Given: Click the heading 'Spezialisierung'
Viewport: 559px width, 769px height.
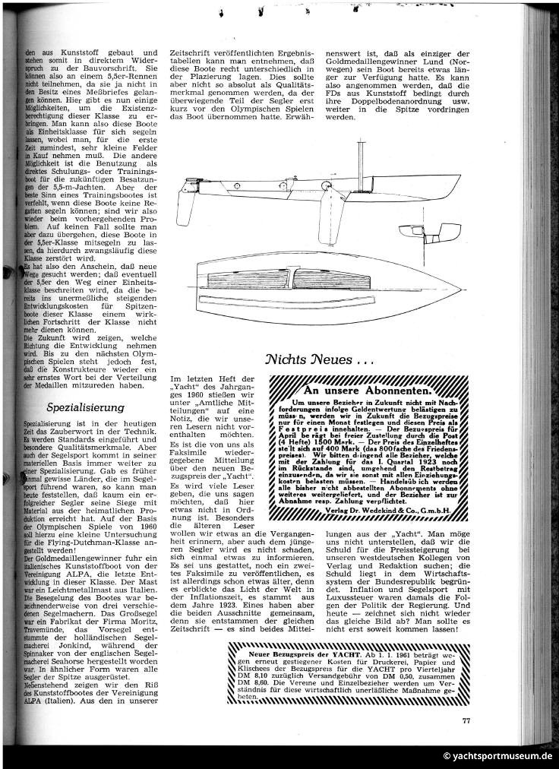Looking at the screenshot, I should [x=85, y=407].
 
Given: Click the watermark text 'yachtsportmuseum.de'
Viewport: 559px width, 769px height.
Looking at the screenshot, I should [x=501, y=756].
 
